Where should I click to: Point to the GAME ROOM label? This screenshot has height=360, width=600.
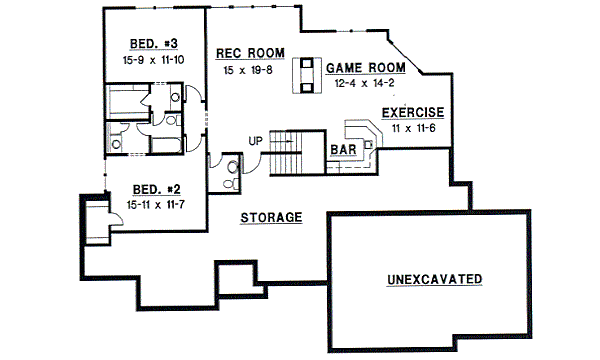[366, 68]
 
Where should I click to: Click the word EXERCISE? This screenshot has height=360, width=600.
[413, 113]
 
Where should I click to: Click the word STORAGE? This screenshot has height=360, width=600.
[271, 217]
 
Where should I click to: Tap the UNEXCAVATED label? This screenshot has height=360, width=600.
[435, 278]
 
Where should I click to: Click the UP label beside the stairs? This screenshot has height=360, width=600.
[255, 140]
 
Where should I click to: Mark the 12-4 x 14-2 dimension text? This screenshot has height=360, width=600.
[366, 84]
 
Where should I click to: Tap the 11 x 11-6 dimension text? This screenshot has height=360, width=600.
[413, 129]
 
